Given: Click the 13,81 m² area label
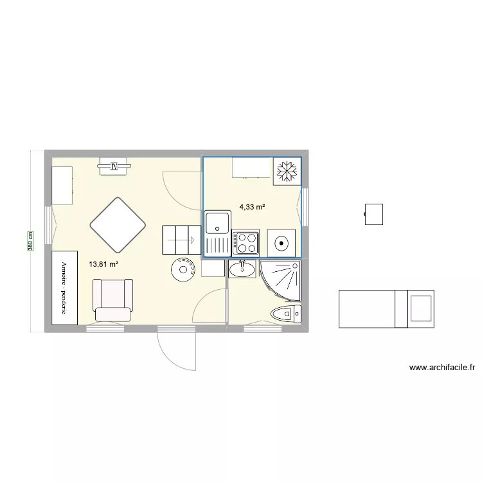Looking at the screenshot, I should pyautogui.click(x=103, y=263).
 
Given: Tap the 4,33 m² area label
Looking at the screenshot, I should pyautogui.click(x=252, y=207).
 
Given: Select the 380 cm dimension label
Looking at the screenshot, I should pyautogui.click(x=30, y=241).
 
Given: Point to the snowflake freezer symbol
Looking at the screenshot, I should pyautogui.click(x=287, y=172).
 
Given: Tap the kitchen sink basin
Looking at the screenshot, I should pyautogui.click(x=217, y=222).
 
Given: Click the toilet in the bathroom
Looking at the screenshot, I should pyautogui.click(x=286, y=314).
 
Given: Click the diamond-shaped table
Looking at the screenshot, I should pyautogui.click(x=118, y=224).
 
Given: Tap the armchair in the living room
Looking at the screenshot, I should pyautogui.click(x=113, y=299).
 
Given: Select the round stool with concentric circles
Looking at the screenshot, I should pyautogui.click(x=183, y=269).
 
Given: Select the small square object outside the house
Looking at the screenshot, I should pyautogui.click(x=373, y=213).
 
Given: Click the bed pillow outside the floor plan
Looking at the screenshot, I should pyautogui.click(x=421, y=307).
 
